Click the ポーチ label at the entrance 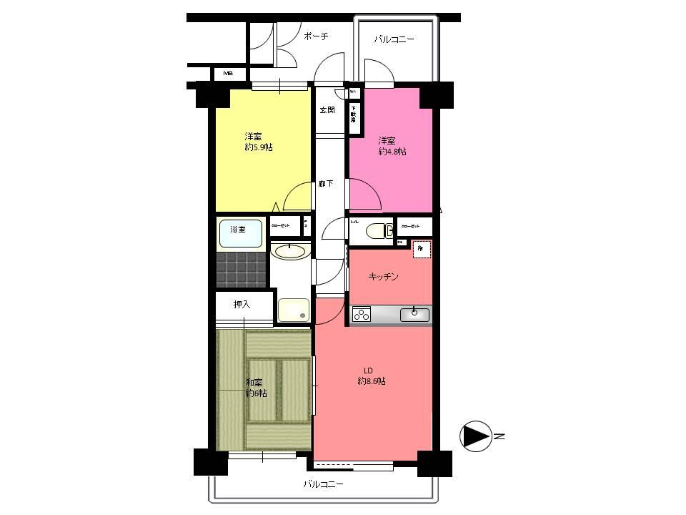[315, 36]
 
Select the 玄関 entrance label [327, 110]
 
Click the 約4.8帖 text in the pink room [392, 151]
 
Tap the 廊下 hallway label [326, 184]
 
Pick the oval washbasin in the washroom [291, 251]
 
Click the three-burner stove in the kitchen [362, 314]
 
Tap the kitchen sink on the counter [414, 314]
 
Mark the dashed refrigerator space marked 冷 [422, 249]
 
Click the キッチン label [383, 276]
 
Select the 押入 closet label [242, 305]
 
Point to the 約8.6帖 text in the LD [372, 381]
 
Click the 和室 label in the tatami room [256, 383]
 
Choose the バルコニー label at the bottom [323, 484]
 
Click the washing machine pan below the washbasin [293, 310]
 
